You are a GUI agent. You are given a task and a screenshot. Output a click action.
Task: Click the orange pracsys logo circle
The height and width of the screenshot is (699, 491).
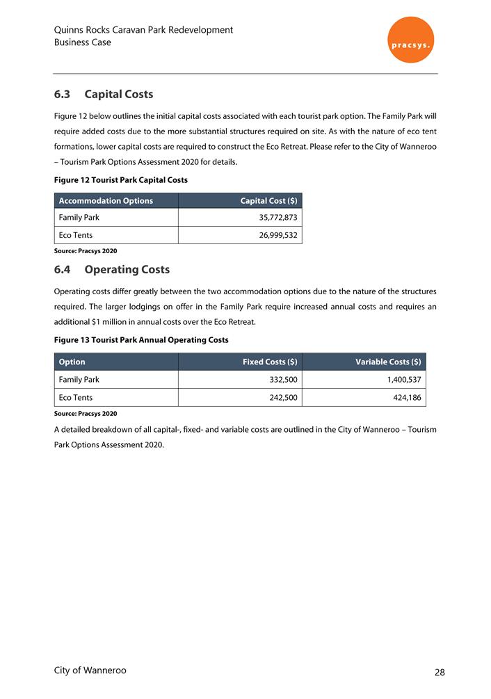point(410,40)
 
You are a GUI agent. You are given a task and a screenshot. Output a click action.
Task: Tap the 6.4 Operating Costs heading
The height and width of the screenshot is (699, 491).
point(111,269)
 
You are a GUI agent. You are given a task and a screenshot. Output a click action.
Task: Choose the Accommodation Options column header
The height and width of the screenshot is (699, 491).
point(106,201)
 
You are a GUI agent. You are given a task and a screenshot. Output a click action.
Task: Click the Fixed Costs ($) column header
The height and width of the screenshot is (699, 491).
point(270,362)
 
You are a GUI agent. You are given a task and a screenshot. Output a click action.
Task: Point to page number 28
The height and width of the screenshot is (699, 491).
point(440,673)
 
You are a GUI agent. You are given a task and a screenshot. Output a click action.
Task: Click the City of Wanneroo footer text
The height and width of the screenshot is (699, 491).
point(90,670)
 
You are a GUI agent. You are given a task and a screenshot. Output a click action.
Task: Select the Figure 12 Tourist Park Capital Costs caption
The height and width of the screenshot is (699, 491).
point(120,180)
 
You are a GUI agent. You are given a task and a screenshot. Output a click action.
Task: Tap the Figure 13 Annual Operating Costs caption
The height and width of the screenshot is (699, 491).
point(140,340)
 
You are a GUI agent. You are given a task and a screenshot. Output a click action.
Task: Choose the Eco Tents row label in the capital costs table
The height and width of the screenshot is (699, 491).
point(76,235)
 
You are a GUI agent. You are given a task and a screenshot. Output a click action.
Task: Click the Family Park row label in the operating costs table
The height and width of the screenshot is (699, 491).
point(79,380)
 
